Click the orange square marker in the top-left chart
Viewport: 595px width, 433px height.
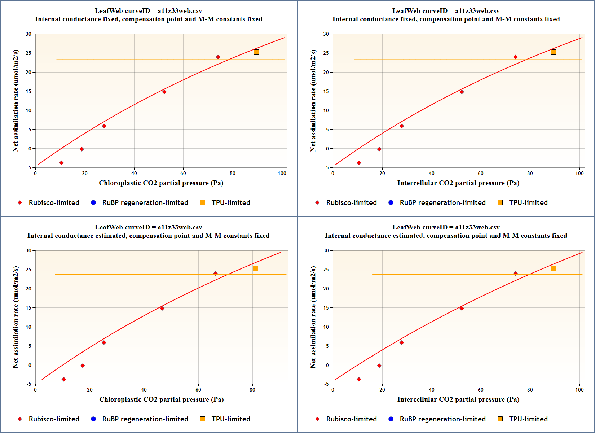tap(256, 52)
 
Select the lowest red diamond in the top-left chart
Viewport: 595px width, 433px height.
tap(61, 163)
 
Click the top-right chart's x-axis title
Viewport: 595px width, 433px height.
tap(458, 183)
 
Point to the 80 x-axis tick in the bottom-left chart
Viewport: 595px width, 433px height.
tap(252, 390)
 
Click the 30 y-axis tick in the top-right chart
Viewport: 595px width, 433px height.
tap(326, 34)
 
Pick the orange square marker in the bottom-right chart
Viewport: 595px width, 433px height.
tap(554, 269)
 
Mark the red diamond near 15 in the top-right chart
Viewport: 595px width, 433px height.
tap(462, 92)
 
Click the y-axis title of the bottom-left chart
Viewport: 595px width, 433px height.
tap(16, 317)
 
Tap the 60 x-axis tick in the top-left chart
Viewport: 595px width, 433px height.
tap(183, 173)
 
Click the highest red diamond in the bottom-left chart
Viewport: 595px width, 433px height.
tap(216, 274)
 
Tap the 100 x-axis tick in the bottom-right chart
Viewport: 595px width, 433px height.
tap(579, 390)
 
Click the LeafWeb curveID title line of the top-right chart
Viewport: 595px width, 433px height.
tap(446, 11)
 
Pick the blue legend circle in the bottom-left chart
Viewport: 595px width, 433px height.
tap(93, 419)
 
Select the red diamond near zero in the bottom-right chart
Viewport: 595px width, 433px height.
tap(379, 366)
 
